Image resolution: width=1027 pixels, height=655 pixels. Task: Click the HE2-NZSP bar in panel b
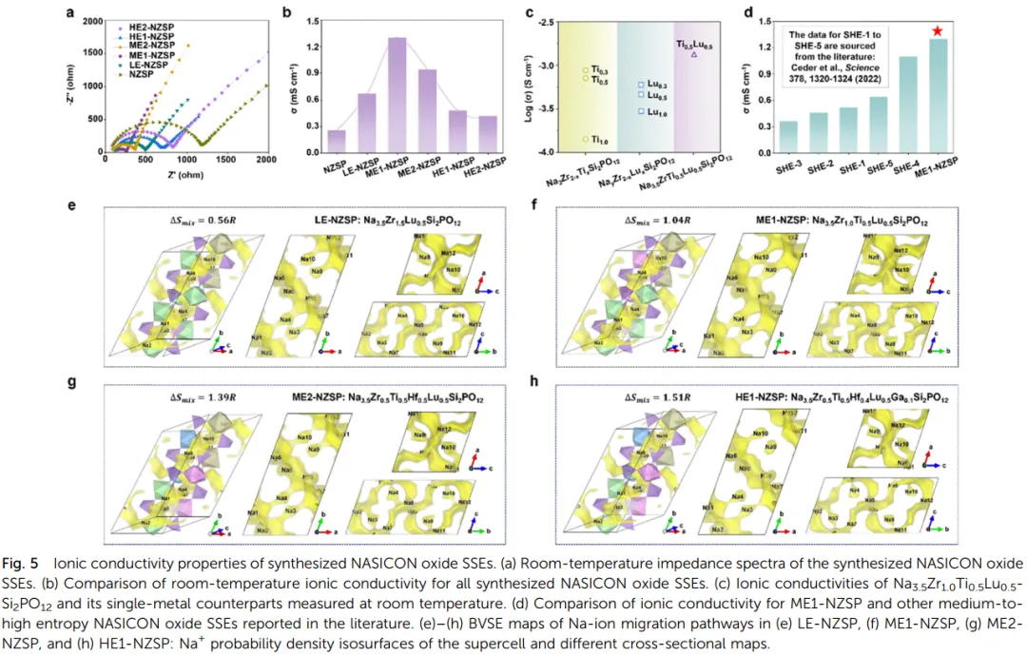489,135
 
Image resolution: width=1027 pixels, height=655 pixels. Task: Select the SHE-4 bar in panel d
908,105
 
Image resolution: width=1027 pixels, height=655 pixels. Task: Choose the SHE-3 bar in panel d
788,137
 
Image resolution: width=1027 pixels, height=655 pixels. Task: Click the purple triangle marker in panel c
694,54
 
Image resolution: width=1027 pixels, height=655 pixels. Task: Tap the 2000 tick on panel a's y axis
90,21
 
